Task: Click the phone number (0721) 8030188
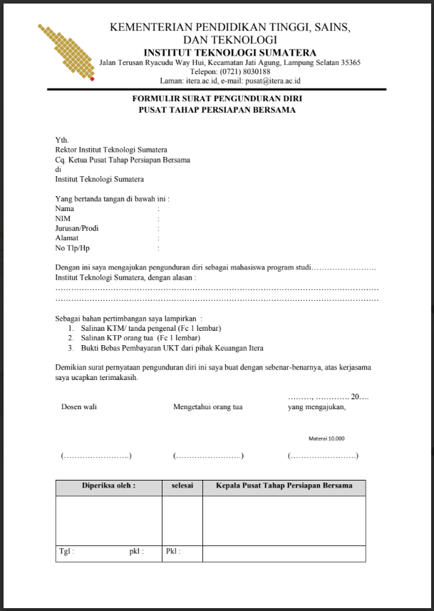pos(245,72)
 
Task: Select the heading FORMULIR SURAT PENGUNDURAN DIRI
pos(217,101)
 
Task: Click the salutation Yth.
pos(62,140)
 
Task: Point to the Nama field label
pos(65,209)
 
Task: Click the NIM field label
pos(63,219)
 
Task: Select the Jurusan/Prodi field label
pos(77,228)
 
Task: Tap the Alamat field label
pos(67,238)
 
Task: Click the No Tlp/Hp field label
pos(72,248)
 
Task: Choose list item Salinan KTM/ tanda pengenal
pos(149,328)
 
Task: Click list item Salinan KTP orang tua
pos(139,338)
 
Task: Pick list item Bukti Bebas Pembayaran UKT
pos(170,348)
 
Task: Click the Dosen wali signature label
pos(79,407)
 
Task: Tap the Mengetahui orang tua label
pos(208,407)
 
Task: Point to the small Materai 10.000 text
pos(326,438)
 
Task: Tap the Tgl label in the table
pos(67,551)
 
